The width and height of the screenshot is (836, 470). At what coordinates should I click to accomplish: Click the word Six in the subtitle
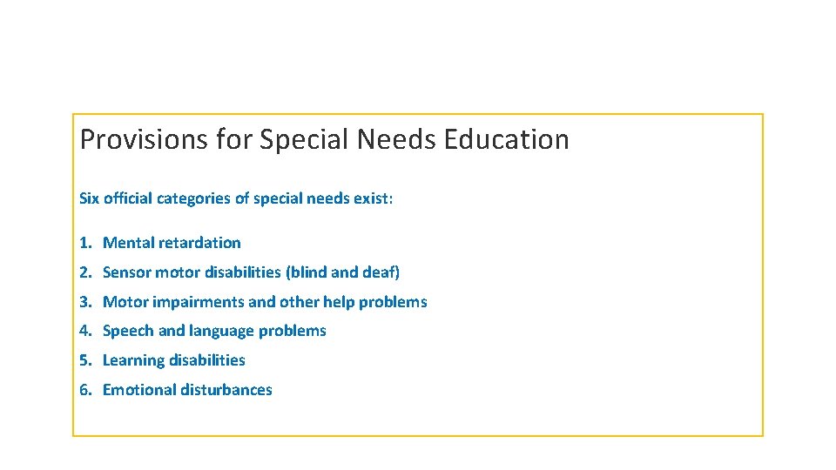click(x=89, y=198)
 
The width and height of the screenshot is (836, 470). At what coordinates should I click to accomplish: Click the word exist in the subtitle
click(x=372, y=198)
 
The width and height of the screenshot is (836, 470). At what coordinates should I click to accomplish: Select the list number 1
click(x=84, y=243)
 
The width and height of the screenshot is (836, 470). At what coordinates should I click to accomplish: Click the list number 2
click(x=84, y=272)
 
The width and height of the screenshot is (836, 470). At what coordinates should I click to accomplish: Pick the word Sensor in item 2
click(x=127, y=272)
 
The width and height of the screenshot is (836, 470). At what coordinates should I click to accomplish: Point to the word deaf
click(x=380, y=272)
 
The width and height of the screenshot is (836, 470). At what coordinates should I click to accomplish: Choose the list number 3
click(x=84, y=302)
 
